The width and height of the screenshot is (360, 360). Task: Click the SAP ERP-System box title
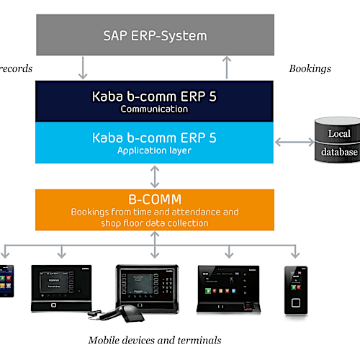(x=154, y=35)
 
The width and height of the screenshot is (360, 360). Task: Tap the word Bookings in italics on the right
(x=310, y=68)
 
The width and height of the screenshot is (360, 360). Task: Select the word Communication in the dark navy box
(x=154, y=109)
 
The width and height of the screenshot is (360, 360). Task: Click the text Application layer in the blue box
(x=154, y=150)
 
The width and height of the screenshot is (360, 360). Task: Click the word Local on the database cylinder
(x=339, y=133)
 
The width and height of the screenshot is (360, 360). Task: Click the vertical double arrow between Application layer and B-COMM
(x=154, y=176)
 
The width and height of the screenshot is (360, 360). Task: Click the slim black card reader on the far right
(x=295, y=289)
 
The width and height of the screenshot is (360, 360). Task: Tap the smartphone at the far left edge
(x=5, y=281)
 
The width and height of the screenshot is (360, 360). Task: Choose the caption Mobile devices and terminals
(x=154, y=340)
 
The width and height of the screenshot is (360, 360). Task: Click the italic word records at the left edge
(x=16, y=68)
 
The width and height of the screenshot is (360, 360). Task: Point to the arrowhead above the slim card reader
(x=295, y=253)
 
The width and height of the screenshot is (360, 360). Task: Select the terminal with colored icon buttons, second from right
(x=229, y=287)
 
